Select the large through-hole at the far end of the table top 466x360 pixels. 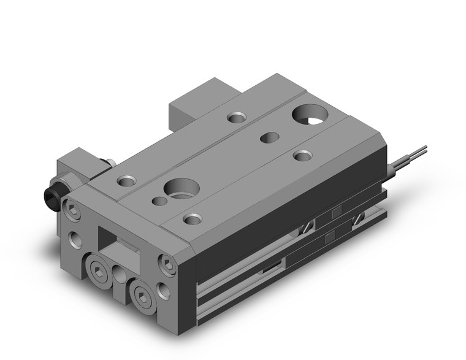click(x=309, y=113)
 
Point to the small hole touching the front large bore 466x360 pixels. click(x=159, y=201)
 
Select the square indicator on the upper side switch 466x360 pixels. click(x=336, y=213)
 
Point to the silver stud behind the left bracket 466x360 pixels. click(x=110, y=163)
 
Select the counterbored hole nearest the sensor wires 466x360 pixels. click(x=302, y=156)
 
